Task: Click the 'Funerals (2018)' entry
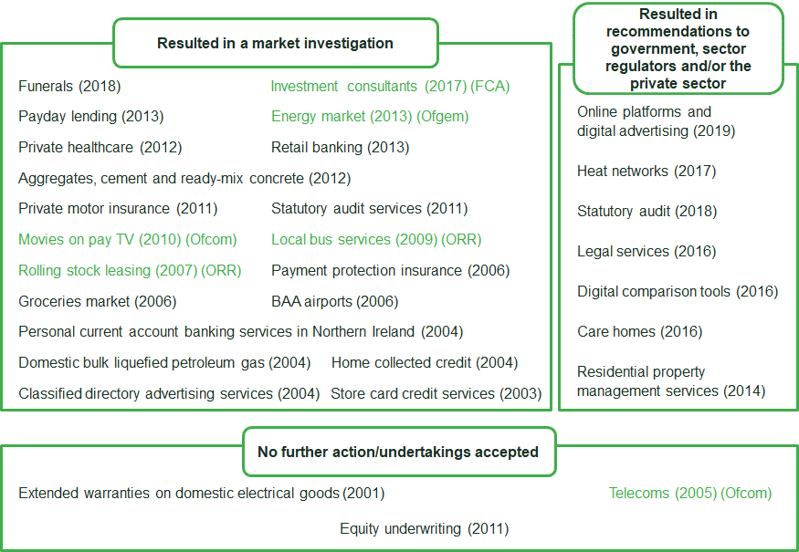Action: click(69, 86)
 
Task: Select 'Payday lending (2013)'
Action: click(90, 117)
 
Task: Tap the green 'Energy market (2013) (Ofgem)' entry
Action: click(370, 117)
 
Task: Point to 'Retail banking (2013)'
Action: click(341, 148)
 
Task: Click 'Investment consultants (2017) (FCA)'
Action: click(390, 86)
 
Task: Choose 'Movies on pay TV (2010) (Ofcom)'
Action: click(128, 240)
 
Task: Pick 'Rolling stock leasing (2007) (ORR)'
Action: click(130, 270)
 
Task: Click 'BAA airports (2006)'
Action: click(335, 301)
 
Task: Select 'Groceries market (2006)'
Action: click(98, 301)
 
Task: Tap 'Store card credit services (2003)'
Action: click(436, 393)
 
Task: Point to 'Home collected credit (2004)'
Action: click(425, 362)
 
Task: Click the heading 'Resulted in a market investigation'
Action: click(275, 43)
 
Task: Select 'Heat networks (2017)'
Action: click(647, 172)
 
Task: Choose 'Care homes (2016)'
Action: click(639, 332)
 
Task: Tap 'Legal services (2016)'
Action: click(647, 252)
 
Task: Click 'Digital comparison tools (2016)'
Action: click(678, 292)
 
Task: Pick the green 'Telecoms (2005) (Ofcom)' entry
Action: click(690, 494)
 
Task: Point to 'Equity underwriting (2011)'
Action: click(425, 529)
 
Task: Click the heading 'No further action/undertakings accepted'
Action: click(398, 453)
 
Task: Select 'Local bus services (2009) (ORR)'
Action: click(376, 240)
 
